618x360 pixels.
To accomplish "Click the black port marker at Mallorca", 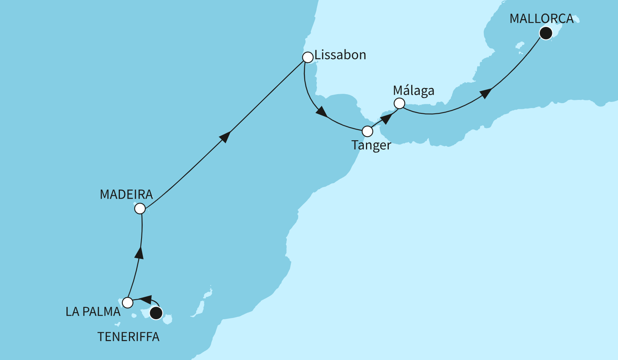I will pyautogui.click(x=546, y=33).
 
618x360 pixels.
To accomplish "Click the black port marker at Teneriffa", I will pyautogui.click(x=156, y=313).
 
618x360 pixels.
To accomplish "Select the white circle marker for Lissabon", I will pyautogui.click(x=308, y=57).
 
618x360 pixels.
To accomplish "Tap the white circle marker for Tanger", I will pyautogui.click(x=368, y=131).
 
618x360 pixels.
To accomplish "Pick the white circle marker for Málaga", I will pyautogui.click(x=399, y=104).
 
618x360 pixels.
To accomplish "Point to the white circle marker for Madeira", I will pyautogui.click(x=140, y=209).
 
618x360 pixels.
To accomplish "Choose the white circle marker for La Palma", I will pyautogui.click(x=128, y=303).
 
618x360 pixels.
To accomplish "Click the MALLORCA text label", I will pyautogui.click(x=541, y=19).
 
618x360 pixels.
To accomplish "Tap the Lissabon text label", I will pyautogui.click(x=340, y=55).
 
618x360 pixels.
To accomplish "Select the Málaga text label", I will pyautogui.click(x=414, y=91).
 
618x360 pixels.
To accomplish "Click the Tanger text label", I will pyautogui.click(x=371, y=145).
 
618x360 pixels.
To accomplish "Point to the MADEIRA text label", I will pyautogui.click(x=126, y=194).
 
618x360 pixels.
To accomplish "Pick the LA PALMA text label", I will pyautogui.click(x=93, y=312).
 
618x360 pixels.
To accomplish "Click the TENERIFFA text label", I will pyautogui.click(x=128, y=337).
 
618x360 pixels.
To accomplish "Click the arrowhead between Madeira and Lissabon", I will pyautogui.click(x=225, y=137).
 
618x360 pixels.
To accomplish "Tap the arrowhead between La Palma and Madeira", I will pyautogui.click(x=140, y=252).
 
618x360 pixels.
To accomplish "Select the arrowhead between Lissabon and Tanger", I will pyautogui.click(x=322, y=112).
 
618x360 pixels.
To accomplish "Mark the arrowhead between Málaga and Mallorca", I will pyautogui.click(x=485, y=93).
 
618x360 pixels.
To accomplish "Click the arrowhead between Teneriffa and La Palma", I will pyautogui.click(x=146, y=299).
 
